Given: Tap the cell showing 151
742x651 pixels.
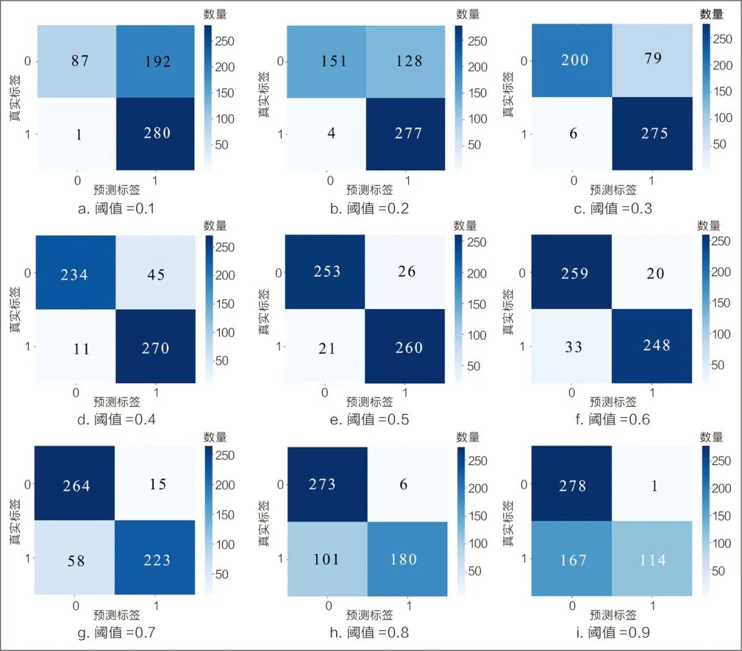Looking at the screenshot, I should pyautogui.click(x=326, y=62).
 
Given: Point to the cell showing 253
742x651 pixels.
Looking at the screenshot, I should pyautogui.click(x=326, y=272).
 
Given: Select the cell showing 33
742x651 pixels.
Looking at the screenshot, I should pyautogui.click(x=573, y=346).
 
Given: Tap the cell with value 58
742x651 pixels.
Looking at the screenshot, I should pyautogui.click(x=76, y=562).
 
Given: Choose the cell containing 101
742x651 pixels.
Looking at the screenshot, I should pyautogui.click(x=326, y=559).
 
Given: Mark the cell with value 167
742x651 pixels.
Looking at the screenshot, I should pyautogui.click(x=573, y=560).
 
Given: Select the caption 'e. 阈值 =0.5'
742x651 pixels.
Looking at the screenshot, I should pyautogui.click(x=369, y=419).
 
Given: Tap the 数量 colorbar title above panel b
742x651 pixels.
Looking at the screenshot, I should pyautogui.click(x=467, y=14).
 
